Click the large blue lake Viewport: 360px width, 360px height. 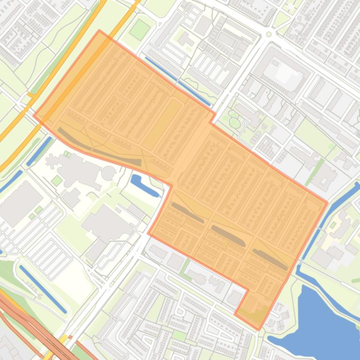pyautogui.click(x=323, y=323)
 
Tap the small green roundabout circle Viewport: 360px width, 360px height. pyautogui.click(x=269, y=34)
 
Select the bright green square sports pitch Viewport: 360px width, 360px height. pyautogui.click(x=140, y=29)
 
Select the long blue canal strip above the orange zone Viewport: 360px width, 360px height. pyautogui.click(x=178, y=81)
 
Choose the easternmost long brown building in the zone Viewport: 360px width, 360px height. pyautogui.click(x=270, y=259)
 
